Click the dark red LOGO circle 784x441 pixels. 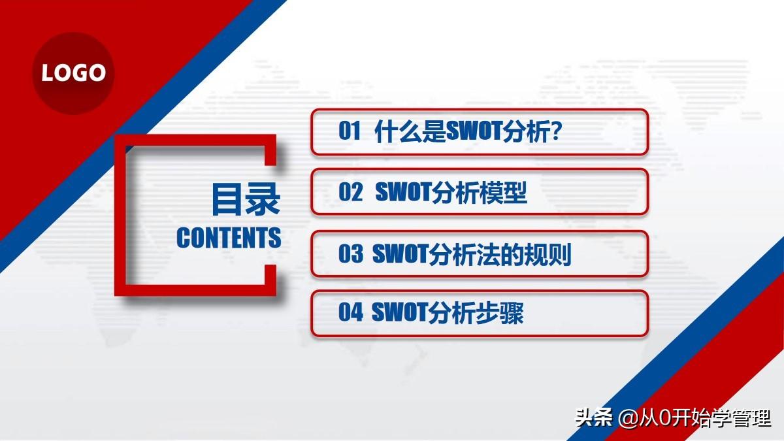(73, 73)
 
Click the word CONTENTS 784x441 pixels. (229, 238)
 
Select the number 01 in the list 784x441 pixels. (350, 131)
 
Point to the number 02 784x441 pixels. (350, 192)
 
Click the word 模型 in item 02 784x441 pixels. (503, 193)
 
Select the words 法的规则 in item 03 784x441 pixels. (524, 254)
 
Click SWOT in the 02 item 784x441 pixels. (403, 192)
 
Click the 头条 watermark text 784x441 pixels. (594, 417)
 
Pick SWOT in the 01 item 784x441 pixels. (474, 131)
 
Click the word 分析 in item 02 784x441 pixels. (456, 193)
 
